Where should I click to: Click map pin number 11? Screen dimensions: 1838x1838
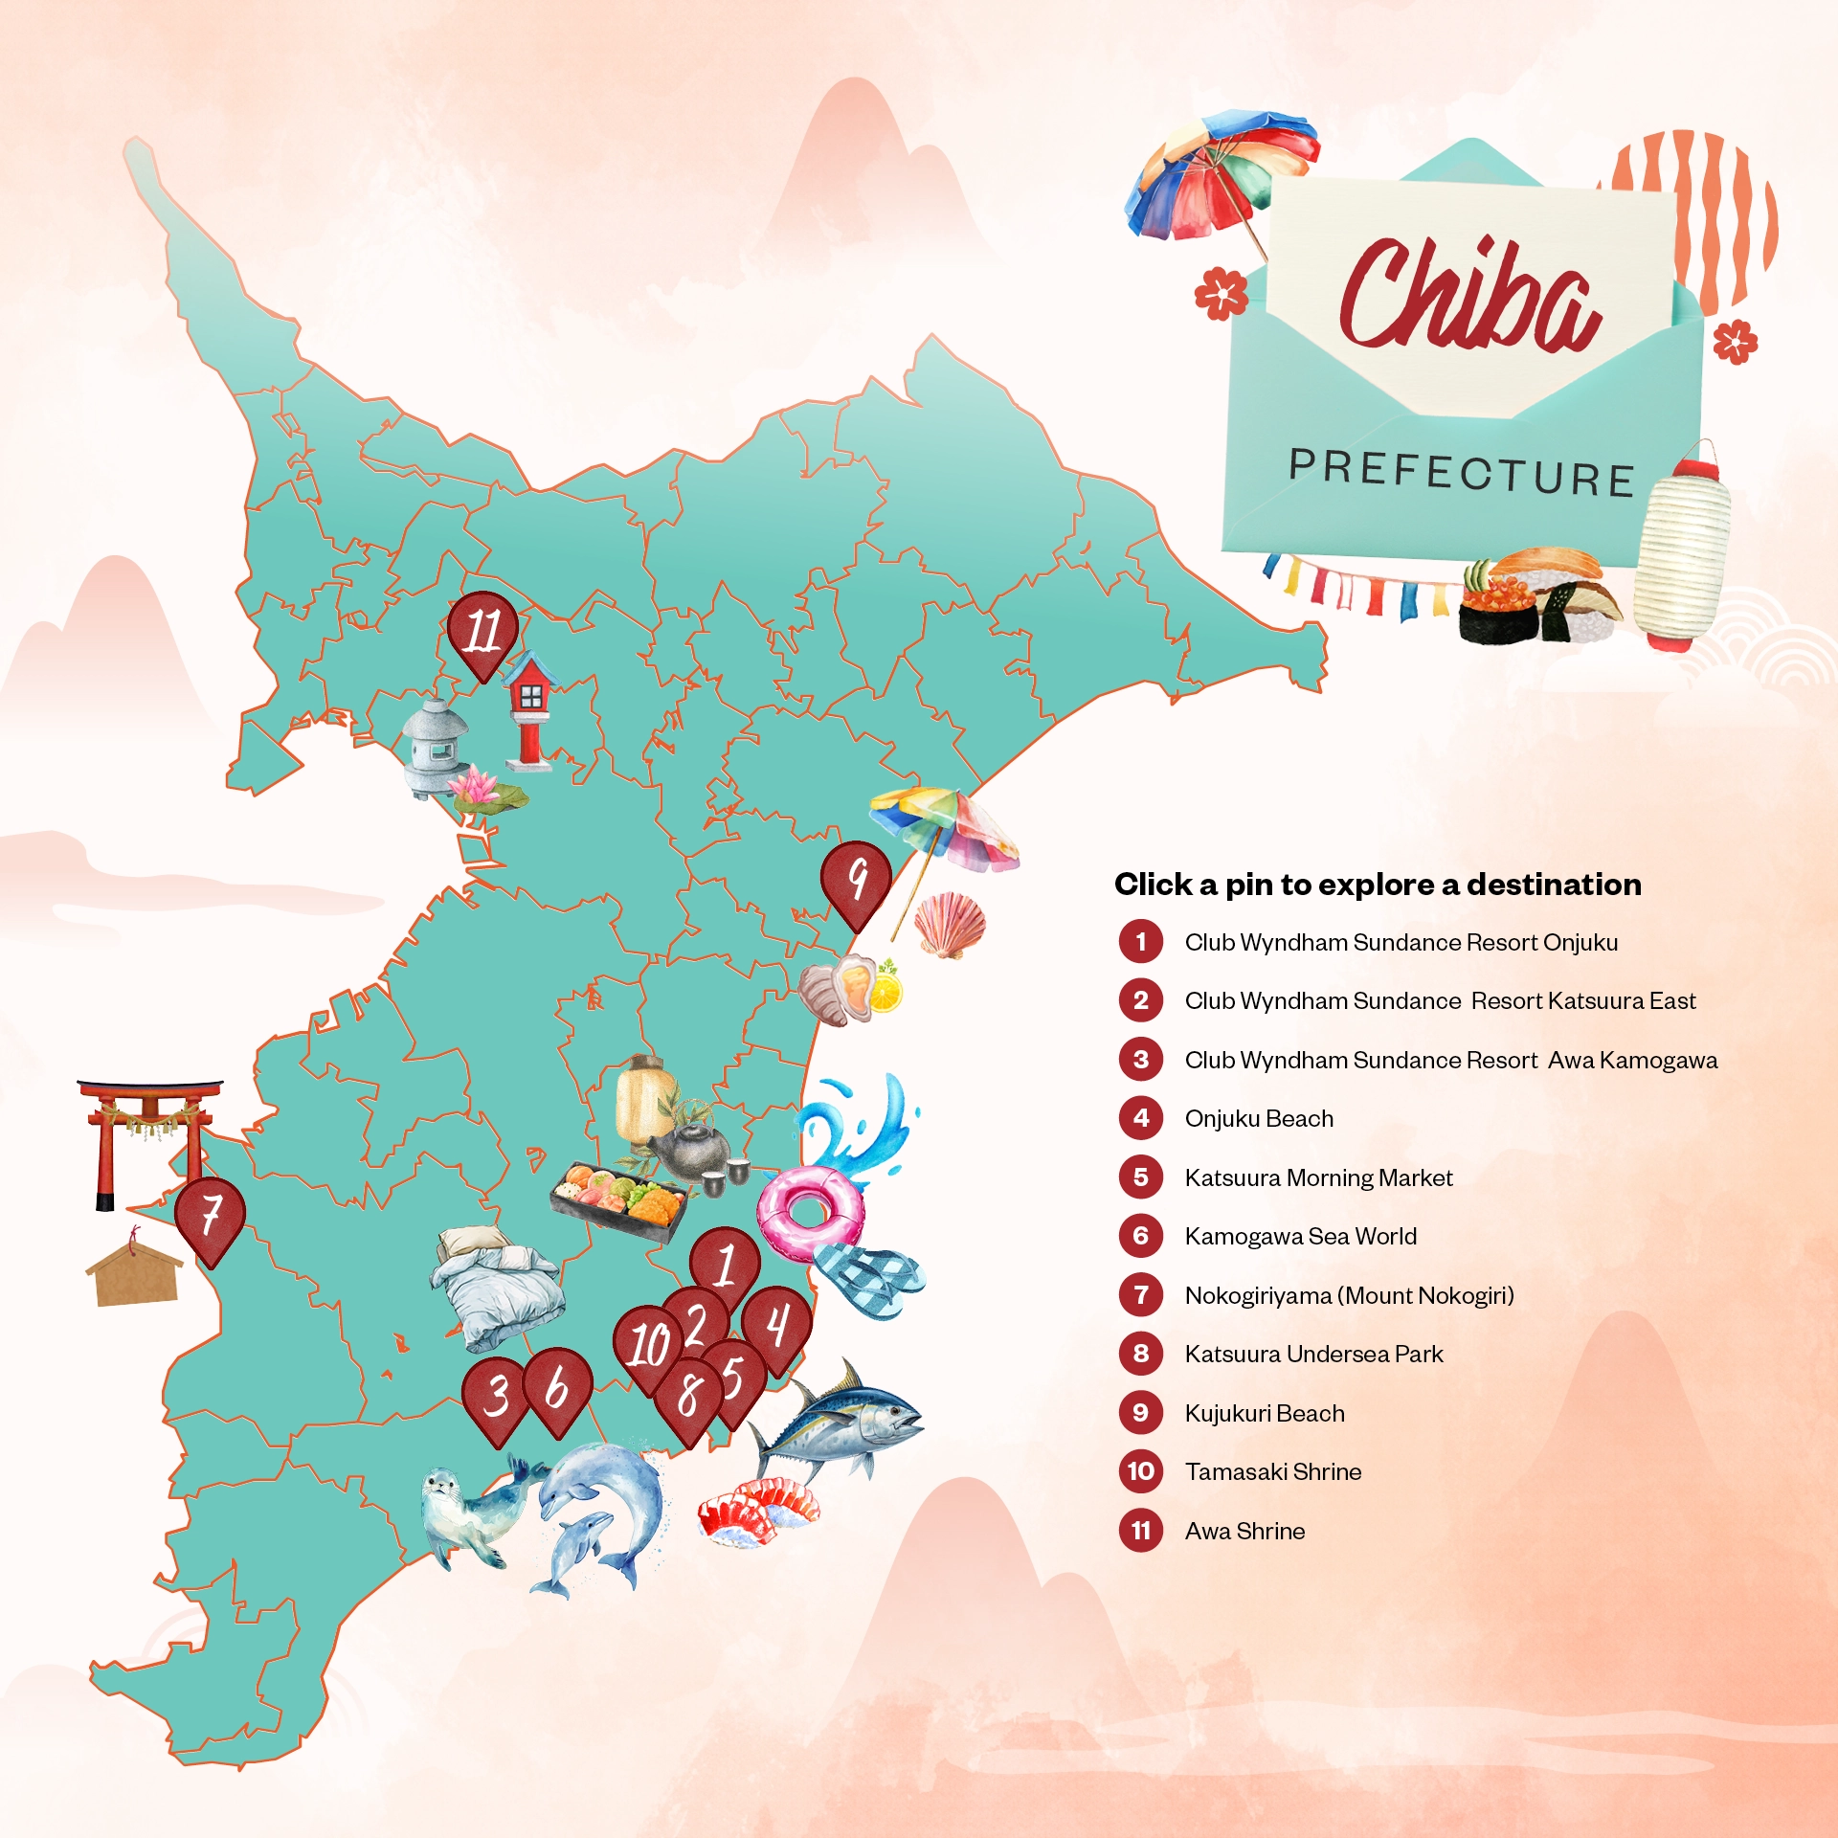[482, 631]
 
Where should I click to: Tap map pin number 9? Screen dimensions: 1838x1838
[856, 880]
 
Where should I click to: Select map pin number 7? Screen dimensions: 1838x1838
[210, 1217]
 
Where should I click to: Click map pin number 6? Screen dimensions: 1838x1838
[558, 1387]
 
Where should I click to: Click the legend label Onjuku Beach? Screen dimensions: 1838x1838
[1258, 1118]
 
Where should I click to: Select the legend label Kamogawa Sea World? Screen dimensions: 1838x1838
[1300, 1236]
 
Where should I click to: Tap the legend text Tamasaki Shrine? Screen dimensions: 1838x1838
[1272, 1471]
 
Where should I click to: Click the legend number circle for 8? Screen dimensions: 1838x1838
[1140, 1354]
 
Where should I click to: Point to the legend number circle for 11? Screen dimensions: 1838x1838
[1140, 1531]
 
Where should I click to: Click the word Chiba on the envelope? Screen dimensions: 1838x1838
[1468, 297]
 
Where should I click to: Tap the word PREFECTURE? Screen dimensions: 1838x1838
[1462, 472]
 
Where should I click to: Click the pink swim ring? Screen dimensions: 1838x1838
[810, 1212]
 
